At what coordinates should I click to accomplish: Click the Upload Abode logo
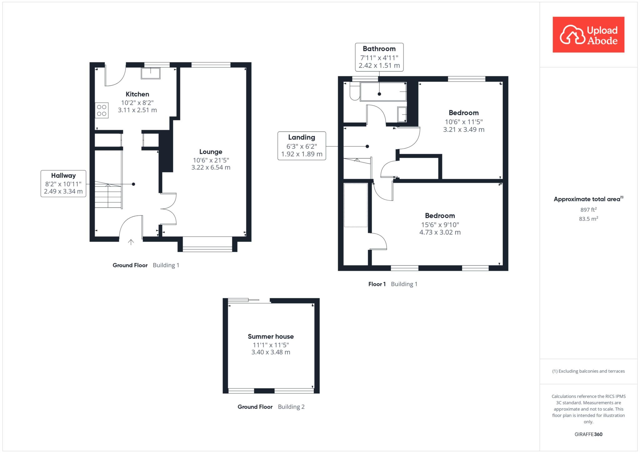coord(588,34)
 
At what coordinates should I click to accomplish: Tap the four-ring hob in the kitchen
coord(102,110)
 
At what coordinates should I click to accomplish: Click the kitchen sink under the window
coord(151,73)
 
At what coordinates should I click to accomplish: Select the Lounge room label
coord(211,152)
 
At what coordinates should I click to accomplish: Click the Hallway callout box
coord(63,184)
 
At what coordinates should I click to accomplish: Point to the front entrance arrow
coord(131,242)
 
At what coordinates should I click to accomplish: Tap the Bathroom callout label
coord(379,49)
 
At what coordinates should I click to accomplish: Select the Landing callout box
coord(302,146)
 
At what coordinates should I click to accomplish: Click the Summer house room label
coord(271,337)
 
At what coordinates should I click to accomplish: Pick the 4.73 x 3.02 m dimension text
coord(440,232)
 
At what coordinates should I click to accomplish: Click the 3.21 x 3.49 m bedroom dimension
coord(464,129)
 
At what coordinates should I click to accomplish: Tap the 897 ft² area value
coord(588,209)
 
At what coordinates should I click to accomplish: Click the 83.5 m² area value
coord(588,219)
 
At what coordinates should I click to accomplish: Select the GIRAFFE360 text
coord(588,434)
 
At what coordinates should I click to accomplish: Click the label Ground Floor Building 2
coord(271,407)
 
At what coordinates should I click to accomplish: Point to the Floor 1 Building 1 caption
coord(393,284)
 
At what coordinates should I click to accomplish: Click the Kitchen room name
coord(137,94)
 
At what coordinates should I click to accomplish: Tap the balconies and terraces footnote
coord(588,371)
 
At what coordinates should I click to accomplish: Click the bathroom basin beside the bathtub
coord(402,114)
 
